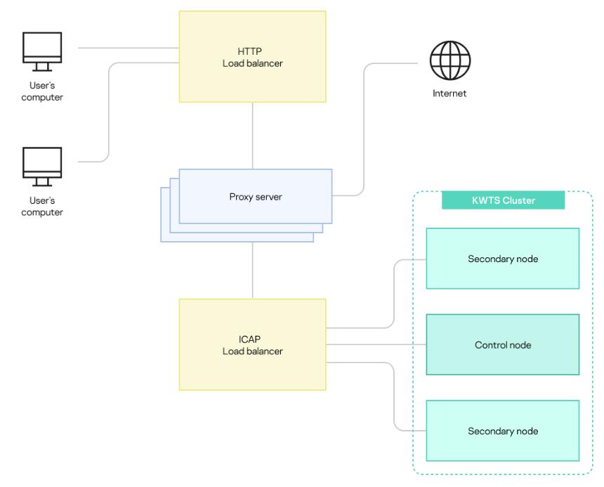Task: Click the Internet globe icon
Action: pos(450,61)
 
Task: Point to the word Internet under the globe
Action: pos(449,93)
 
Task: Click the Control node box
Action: pos(502,345)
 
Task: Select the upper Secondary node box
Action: pos(502,259)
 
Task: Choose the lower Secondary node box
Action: pos(502,431)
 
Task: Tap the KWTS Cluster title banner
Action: pos(503,200)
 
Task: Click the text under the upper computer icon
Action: pos(42,91)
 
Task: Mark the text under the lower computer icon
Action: pos(42,207)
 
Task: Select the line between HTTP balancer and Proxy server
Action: pos(252,135)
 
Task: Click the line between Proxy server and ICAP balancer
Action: pos(252,271)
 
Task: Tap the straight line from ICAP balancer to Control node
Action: pos(376,345)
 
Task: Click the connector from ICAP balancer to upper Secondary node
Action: pos(393,295)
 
